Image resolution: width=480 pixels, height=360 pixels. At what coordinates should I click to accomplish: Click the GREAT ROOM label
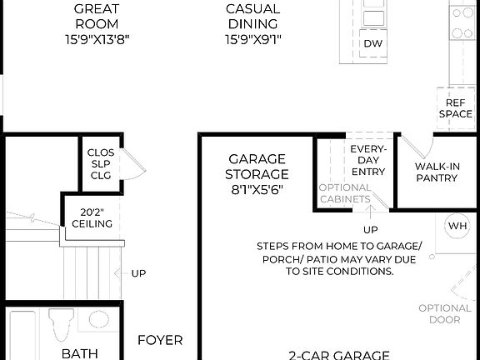(96, 16)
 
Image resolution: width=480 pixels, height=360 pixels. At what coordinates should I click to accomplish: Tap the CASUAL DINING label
(252, 16)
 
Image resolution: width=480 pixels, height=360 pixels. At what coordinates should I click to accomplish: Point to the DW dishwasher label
(372, 43)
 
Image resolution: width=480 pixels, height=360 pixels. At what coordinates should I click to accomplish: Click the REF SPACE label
(455, 107)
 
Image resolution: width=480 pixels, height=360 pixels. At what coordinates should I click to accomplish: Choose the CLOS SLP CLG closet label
(101, 165)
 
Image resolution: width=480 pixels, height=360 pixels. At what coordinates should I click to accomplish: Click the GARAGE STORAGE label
(257, 167)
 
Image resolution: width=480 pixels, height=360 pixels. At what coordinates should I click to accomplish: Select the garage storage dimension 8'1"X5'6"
(257, 190)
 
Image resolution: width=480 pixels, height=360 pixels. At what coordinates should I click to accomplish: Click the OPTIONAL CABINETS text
(345, 193)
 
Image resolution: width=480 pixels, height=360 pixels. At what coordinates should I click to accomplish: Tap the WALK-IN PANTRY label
(437, 172)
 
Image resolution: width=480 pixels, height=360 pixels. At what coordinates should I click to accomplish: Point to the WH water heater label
(457, 226)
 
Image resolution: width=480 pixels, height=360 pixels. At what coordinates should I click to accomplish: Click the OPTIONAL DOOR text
(451, 313)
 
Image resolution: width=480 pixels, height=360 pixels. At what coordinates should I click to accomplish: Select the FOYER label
(160, 340)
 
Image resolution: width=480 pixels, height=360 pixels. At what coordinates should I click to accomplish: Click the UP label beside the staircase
(138, 272)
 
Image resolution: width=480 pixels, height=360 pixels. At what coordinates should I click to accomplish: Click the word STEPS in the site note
(276, 246)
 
